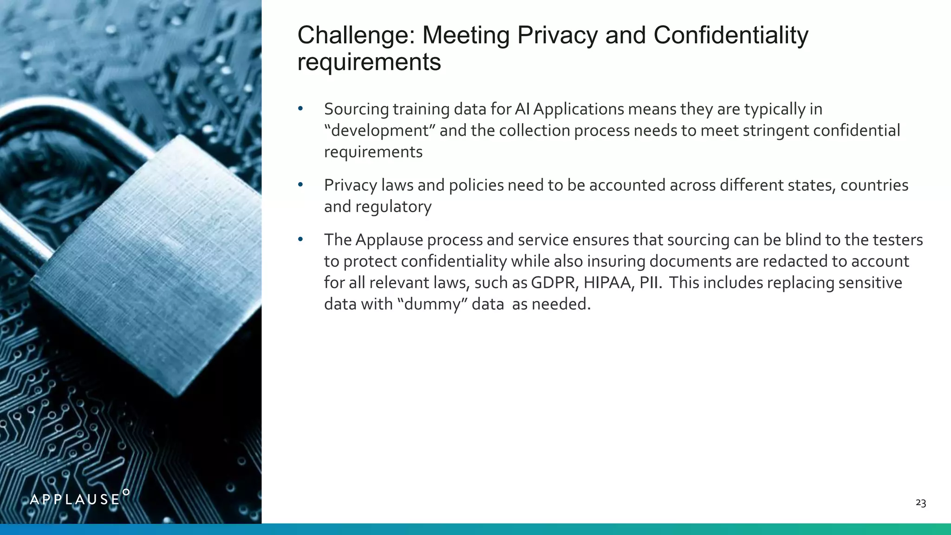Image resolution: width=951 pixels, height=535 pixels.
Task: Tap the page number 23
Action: (920, 503)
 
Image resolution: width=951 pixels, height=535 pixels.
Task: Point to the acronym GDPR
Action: (553, 283)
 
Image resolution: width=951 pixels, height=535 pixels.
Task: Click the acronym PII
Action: (650, 283)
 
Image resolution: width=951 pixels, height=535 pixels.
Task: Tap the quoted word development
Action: (379, 130)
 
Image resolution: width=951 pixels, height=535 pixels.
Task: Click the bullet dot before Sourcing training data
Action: (300, 109)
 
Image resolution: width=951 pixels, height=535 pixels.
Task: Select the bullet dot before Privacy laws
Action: (300, 185)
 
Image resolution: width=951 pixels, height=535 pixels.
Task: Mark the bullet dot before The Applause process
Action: (300, 240)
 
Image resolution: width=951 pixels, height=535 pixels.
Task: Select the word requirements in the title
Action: (369, 62)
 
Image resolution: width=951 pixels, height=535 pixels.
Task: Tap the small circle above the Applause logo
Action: (126, 492)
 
